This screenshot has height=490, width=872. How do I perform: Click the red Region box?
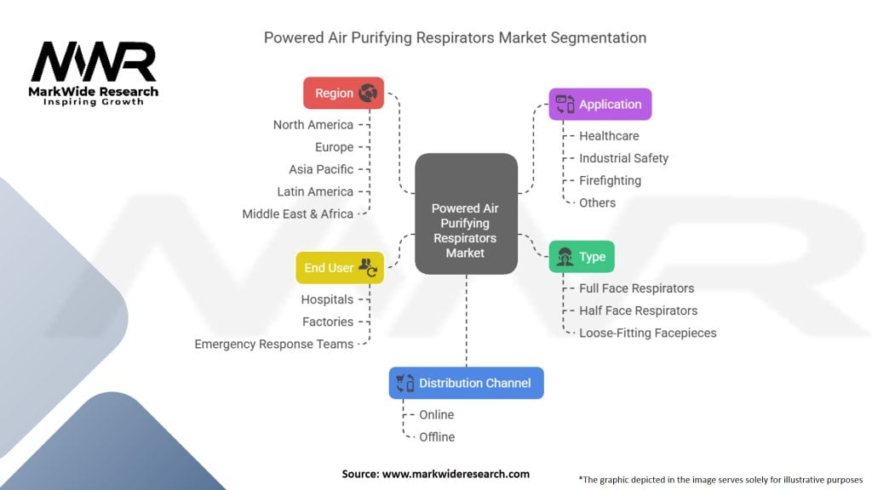[343, 94]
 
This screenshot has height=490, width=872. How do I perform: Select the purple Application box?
[599, 105]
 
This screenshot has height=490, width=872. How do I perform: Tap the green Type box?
[582, 257]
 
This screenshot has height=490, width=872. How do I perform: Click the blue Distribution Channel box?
[466, 383]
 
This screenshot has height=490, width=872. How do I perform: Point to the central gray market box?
[466, 214]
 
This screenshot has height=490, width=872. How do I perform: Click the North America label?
[313, 125]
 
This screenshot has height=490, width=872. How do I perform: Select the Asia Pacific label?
[321, 169]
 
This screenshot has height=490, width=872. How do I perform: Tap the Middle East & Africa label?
[297, 214]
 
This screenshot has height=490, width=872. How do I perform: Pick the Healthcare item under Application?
[609, 135]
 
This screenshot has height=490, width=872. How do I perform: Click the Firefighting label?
[610, 180]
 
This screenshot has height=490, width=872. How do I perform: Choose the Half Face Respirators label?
[638, 311]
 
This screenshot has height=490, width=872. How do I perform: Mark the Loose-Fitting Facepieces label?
[647, 333]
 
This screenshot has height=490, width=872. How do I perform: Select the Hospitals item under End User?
[327, 299]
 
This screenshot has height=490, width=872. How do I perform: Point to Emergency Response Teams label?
[273, 344]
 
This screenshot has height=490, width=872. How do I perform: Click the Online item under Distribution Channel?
[436, 414]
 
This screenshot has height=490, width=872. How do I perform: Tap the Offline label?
[437, 436]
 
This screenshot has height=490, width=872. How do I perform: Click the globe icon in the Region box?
[368, 94]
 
